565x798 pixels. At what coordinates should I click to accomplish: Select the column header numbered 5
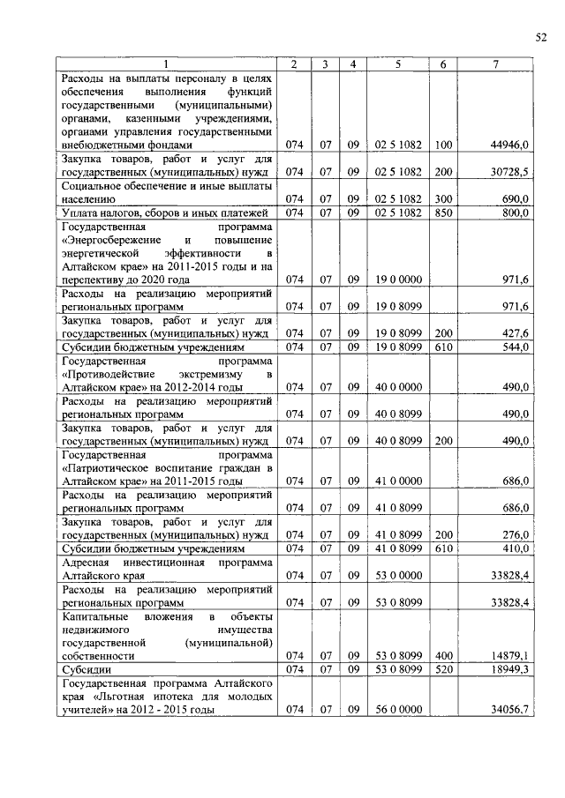coord(398,64)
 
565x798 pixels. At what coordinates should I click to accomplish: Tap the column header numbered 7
coord(496,64)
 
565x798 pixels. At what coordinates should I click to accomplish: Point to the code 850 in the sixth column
coord(443,213)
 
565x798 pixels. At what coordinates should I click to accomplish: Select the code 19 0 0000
coord(398,280)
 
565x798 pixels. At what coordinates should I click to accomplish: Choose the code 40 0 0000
coord(398,387)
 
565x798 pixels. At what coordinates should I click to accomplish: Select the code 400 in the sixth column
coord(443,655)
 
